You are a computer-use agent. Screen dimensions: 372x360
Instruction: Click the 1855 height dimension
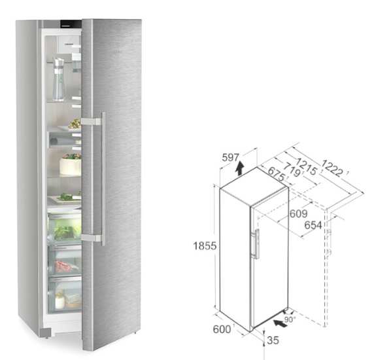[x=205, y=245]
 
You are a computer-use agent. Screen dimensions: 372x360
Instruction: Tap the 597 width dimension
[x=231, y=157]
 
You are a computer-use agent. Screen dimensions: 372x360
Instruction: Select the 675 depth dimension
[x=276, y=175]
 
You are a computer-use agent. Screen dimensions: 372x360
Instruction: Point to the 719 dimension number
[x=292, y=170]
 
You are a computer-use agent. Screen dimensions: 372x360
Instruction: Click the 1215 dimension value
[x=306, y=166]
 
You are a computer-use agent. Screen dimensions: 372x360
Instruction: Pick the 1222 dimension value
[x=332, y=169]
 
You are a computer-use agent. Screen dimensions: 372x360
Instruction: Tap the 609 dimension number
[x=299, y=214]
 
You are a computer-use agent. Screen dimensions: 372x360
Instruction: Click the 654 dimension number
[x=313, y=225]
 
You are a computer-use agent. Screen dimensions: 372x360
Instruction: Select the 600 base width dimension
[x=222, y=329]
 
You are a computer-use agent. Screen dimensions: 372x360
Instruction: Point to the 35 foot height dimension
[x=273, y=340]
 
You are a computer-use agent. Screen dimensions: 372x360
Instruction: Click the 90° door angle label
[x=290, y=320]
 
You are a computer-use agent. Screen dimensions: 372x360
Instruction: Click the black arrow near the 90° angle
[x=280, y=323]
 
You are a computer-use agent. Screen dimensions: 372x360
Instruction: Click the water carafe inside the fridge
[x=58, y=79]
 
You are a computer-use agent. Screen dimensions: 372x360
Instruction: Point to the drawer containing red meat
[x=65, y=261]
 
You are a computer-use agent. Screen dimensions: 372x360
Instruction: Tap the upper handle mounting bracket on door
[x=92, y=122]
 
